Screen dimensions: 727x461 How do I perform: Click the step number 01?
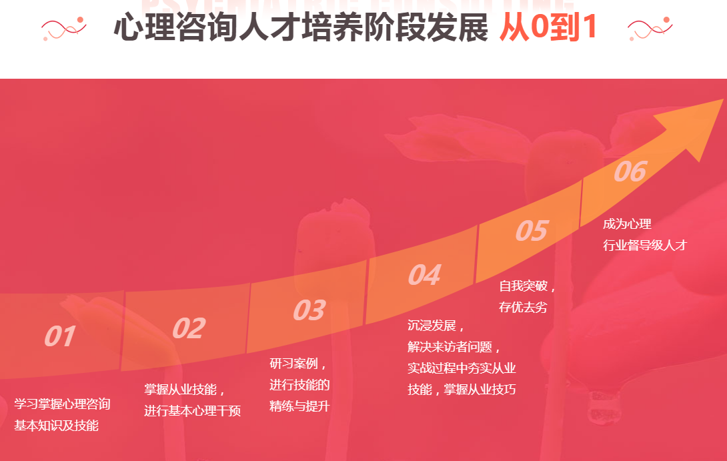pos(60,336)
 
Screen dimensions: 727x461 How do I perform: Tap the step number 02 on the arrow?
pos(189,328)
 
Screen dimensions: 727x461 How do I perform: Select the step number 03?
pos(309,310)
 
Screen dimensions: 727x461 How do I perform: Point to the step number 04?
pos(424,275)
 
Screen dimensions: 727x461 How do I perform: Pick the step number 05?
pos(532,231)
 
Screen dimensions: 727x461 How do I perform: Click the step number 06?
pos(630,171)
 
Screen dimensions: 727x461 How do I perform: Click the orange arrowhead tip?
pos(722,99)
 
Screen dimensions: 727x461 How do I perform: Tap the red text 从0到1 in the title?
pos(548,27)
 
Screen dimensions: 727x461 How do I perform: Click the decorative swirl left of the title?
pos(64,29)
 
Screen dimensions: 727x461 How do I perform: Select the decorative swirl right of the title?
pos(650,29)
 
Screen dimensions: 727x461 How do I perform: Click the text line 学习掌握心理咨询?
pos(62,404)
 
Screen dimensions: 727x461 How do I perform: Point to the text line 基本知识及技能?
pos(56,425)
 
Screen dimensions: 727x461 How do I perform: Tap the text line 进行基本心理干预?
pos(192,411)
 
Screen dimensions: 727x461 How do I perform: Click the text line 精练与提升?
pos(299,406)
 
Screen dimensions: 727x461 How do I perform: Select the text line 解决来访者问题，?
pos(454,347)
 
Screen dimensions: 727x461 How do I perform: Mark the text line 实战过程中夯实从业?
pos(462,368)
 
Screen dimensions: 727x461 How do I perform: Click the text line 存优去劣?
pos(523,308)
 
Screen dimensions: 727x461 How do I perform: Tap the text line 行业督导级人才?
pos(645,246)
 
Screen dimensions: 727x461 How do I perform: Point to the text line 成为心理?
pos(628,224)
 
